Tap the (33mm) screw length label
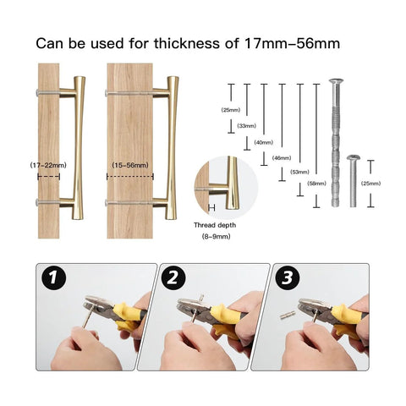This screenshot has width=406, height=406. (247, 126)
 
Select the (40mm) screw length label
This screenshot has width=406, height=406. (263, 142)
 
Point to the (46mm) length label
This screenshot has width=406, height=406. (282, 158)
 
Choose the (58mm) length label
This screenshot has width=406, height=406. (317, 183)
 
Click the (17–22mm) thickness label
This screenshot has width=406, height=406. (48, 166)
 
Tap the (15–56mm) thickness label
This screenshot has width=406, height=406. (129, 166)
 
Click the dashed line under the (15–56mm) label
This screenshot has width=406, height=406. (129, 178)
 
